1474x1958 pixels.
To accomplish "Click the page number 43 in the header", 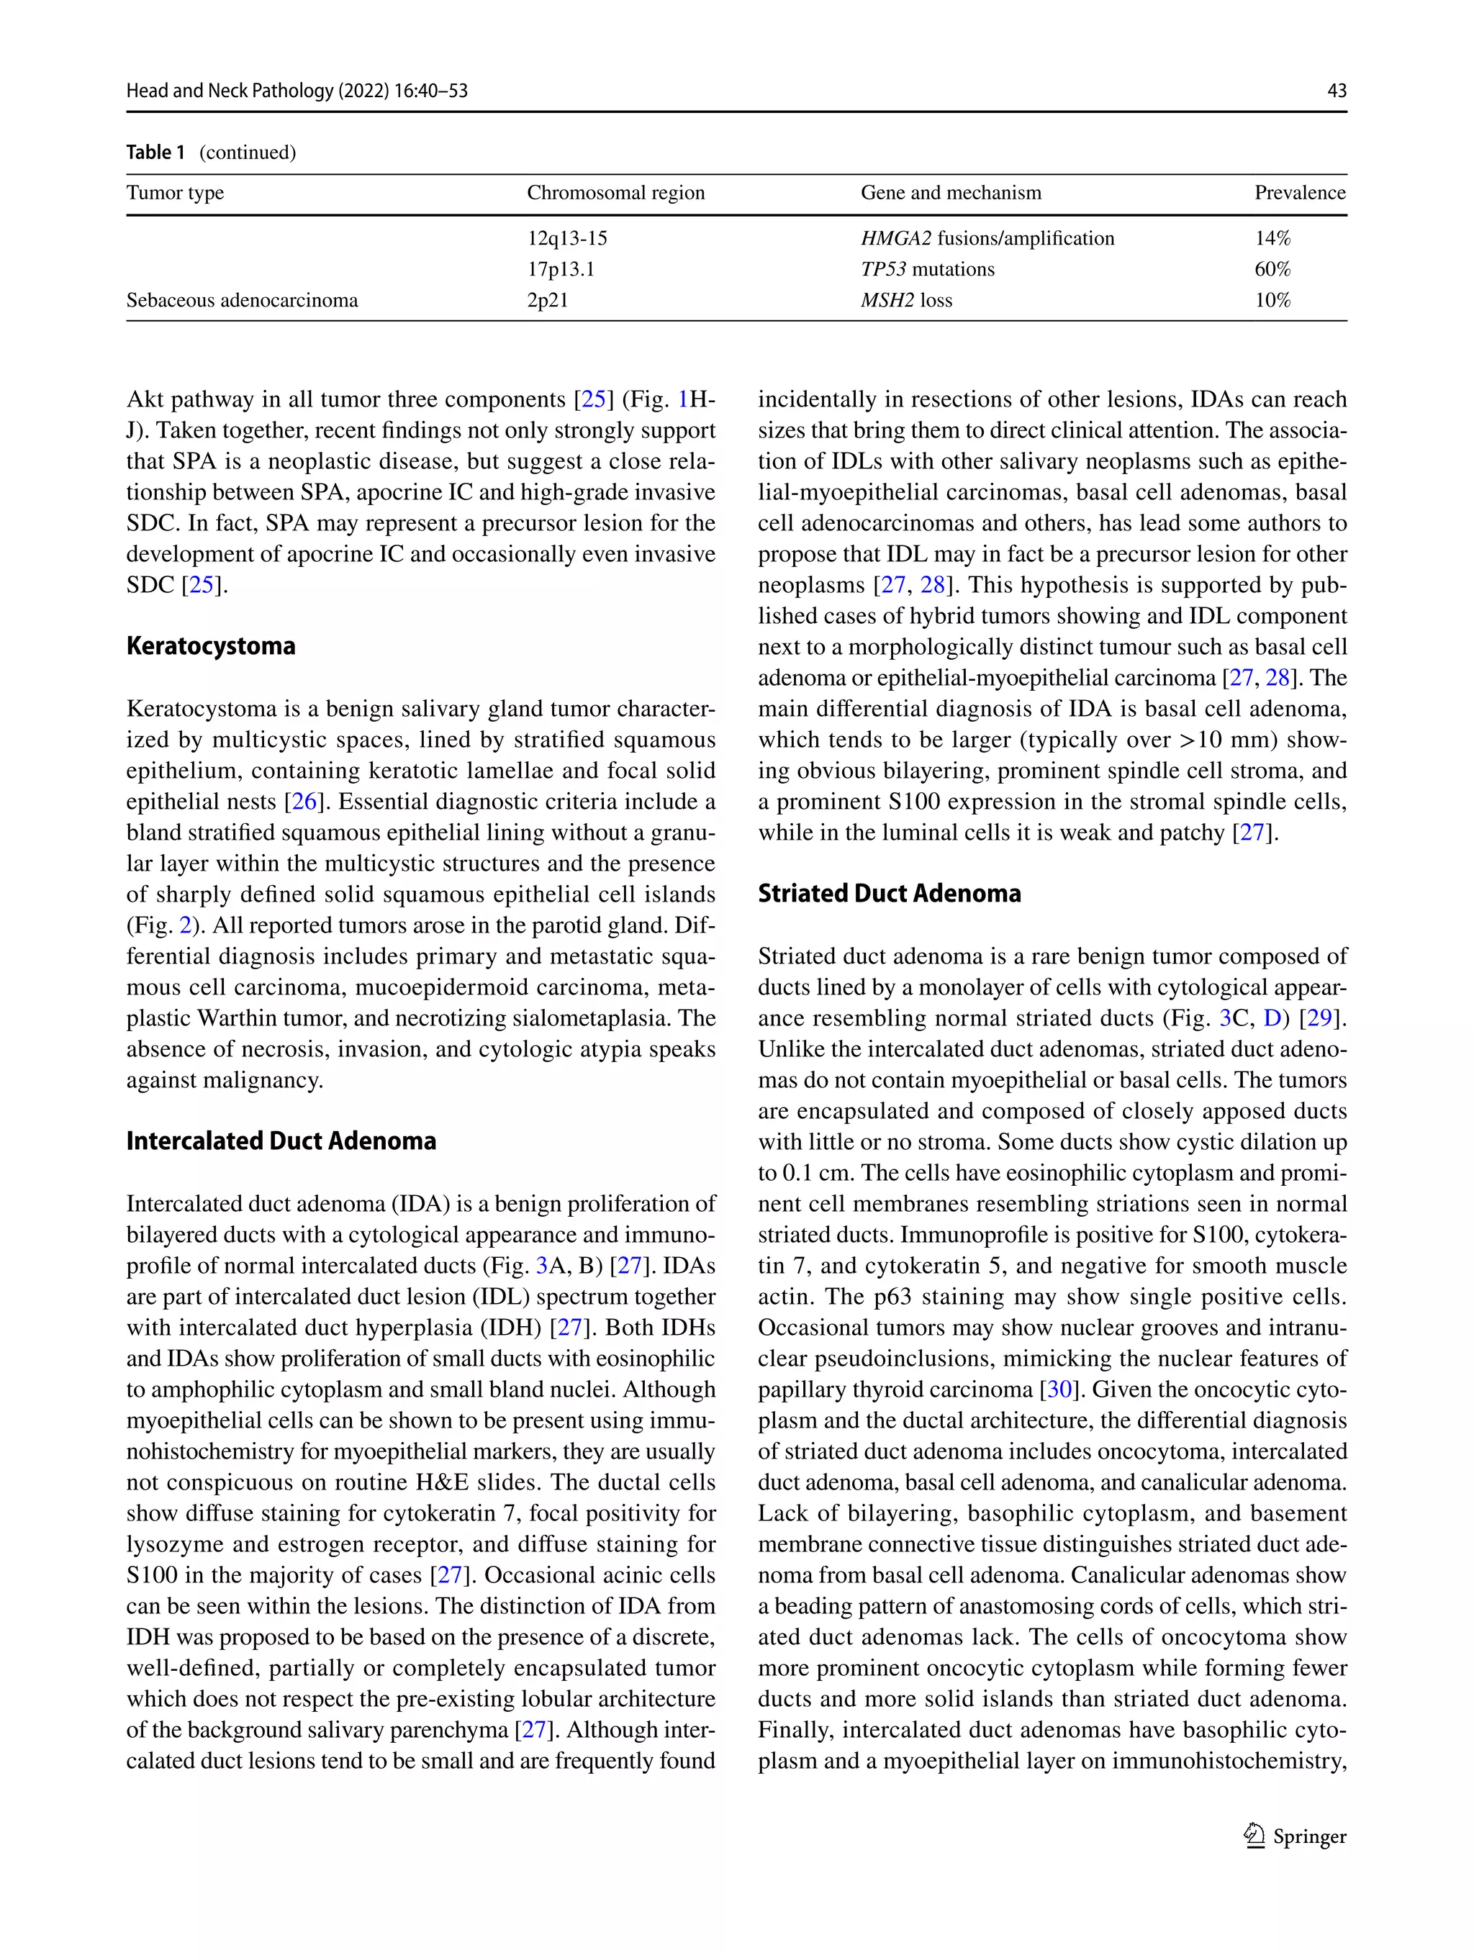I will click(1336, 90).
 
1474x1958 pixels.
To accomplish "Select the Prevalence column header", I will click(1298, 193).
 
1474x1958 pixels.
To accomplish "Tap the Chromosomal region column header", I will click(615, 193).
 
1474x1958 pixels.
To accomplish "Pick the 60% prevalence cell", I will click(1272, 269).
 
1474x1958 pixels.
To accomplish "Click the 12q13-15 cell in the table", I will click(567, 238).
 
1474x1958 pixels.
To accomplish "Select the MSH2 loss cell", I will click(905, 300).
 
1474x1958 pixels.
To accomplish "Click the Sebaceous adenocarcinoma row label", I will click(242, 300).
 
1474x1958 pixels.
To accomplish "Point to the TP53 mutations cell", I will click(927, 269).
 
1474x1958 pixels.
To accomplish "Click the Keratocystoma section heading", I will click(211, 645).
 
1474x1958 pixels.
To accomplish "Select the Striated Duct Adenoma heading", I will click(889, 893).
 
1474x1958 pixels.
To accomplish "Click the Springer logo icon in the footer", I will click(1254, 1835).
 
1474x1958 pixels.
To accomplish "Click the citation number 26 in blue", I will click(304, 802).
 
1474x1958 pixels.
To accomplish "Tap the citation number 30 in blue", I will click(1059, 1390).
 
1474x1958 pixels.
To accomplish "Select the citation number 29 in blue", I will click(1319, 1018).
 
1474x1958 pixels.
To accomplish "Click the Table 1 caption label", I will click(155, 153).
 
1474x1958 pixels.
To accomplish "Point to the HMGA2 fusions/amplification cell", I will click(987, 238).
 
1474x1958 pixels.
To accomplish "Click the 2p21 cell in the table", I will click(547, 300).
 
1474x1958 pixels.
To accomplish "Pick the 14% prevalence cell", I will click(1272, 238).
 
